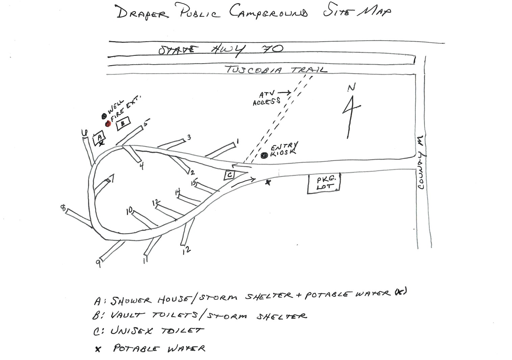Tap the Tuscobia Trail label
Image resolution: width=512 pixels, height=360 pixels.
point(276,70)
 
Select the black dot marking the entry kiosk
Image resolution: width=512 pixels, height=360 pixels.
point(264,155)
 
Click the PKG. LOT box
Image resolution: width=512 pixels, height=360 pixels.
point(324,184)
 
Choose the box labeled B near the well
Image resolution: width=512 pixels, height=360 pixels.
point(123,123)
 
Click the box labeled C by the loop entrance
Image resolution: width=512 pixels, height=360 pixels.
point(229,175)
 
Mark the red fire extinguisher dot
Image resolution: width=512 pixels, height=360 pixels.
point(108,124)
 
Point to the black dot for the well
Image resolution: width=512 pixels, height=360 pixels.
point(104,116)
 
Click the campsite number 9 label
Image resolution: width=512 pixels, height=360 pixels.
point(98,263)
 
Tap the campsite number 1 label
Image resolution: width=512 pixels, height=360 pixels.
point(237,141)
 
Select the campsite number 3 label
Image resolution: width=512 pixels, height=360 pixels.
point(189,137)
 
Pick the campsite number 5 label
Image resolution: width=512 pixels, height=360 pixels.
point(146,123)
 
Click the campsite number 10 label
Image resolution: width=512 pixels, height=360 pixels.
point(129,211)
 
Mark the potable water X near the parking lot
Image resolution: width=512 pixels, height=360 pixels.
point(268,183)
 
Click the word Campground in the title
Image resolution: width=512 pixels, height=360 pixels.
point(268,13)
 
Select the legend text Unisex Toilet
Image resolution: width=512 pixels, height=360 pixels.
point(157,331)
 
